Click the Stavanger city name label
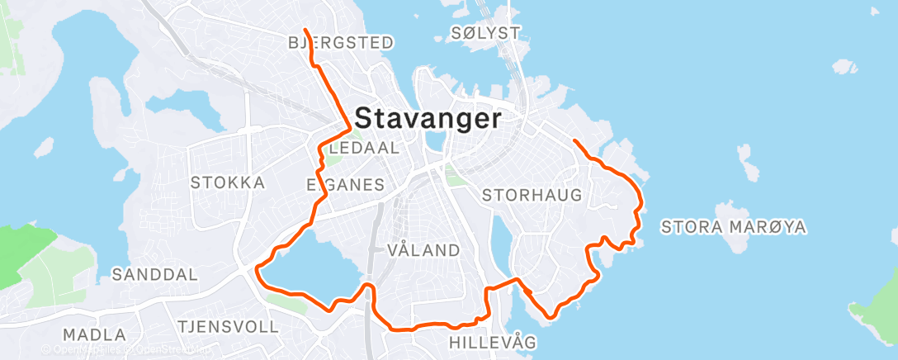[428, 119]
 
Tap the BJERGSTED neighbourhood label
[340, 42]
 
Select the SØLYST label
[486, 33]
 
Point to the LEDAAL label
[362, 149]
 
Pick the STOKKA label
[228, 182]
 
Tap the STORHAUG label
[532, 196]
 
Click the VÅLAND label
[423, 249]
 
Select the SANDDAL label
[155, 274]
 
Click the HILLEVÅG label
[493, 341]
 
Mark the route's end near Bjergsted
[305, 31]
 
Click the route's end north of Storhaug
[574, 140]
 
